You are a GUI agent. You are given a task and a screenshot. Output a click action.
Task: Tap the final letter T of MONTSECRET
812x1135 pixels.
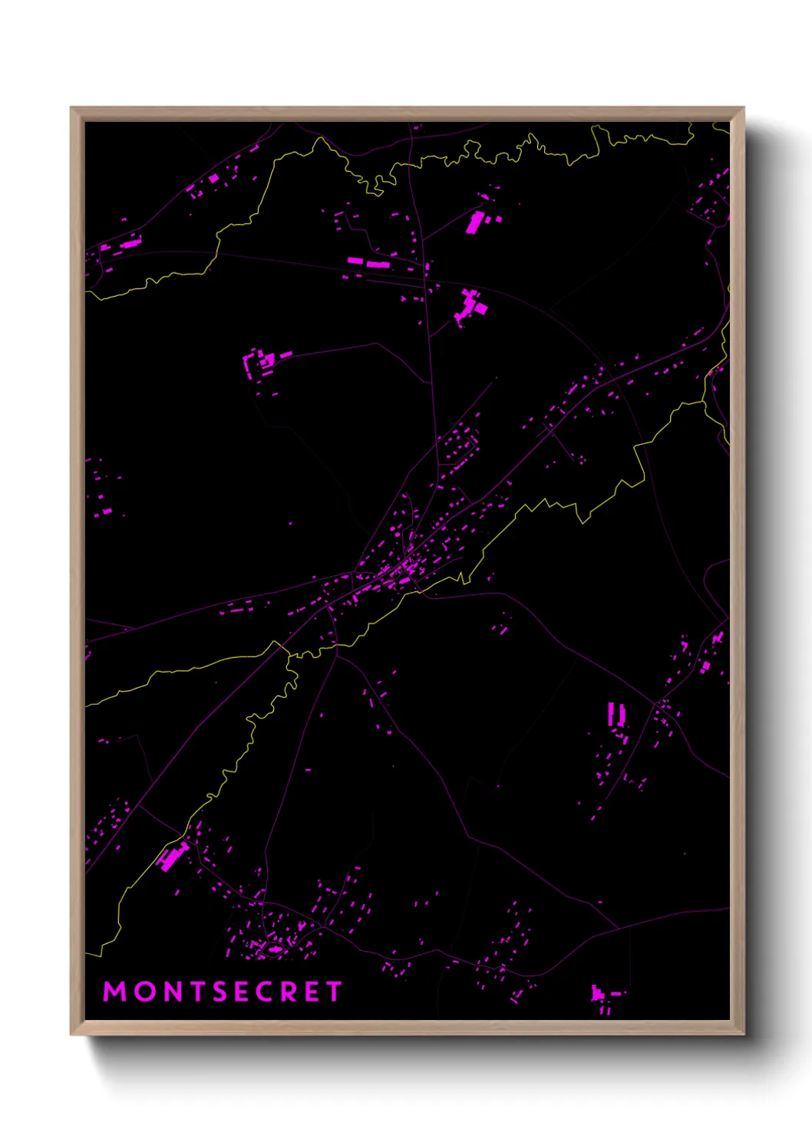334,992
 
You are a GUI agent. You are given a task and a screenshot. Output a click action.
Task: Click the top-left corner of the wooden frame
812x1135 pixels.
72,109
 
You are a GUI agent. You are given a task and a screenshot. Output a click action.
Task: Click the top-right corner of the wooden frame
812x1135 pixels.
743,109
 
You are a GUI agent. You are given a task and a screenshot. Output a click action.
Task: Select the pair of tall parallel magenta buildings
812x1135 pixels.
616,714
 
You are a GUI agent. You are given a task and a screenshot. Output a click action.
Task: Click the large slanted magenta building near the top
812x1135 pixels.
475,222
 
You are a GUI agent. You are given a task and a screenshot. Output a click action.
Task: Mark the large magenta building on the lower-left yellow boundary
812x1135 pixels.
173,855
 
